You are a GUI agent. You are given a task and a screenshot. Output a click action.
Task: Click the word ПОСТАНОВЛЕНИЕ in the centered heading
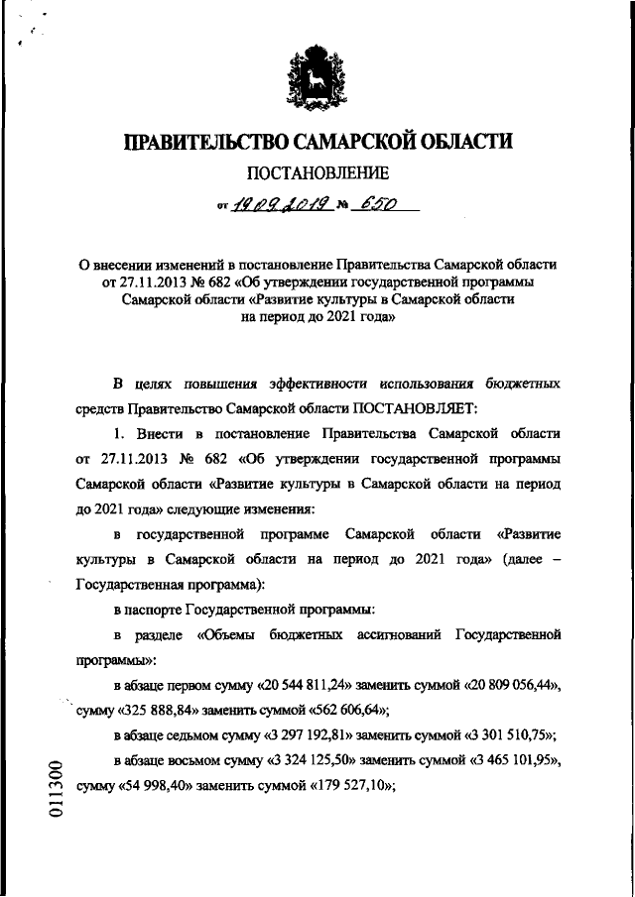(x=317, y=175)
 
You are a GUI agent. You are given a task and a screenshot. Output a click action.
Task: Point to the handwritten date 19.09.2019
(x=279, y=205)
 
